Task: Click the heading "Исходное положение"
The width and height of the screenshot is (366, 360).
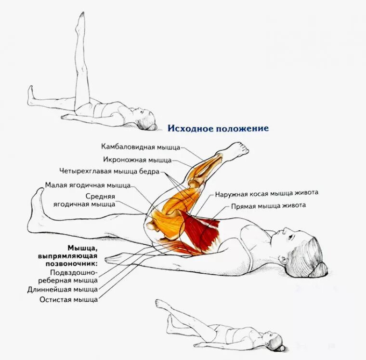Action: (218, 129)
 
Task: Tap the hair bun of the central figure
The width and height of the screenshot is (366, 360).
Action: (321, 268)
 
